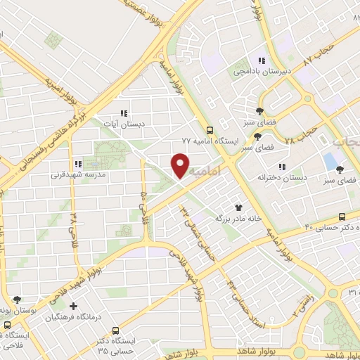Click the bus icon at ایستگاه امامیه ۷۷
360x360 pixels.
tap(209, 130)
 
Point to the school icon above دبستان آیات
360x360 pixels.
tap(124, 113)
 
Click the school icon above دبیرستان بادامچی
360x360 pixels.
tap(262, 61)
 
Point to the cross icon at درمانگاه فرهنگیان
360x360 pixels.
tap(73, 306)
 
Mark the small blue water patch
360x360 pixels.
tap(330, 160)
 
